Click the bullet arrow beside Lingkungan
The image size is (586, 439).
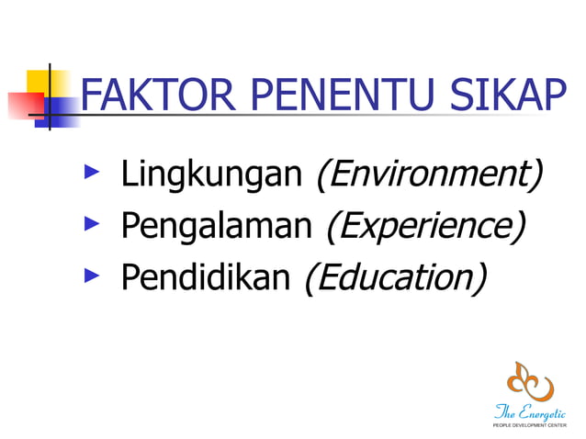pos(90,171)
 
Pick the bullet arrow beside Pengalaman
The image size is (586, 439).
pos(90,223)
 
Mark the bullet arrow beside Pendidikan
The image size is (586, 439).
pos(90,275)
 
